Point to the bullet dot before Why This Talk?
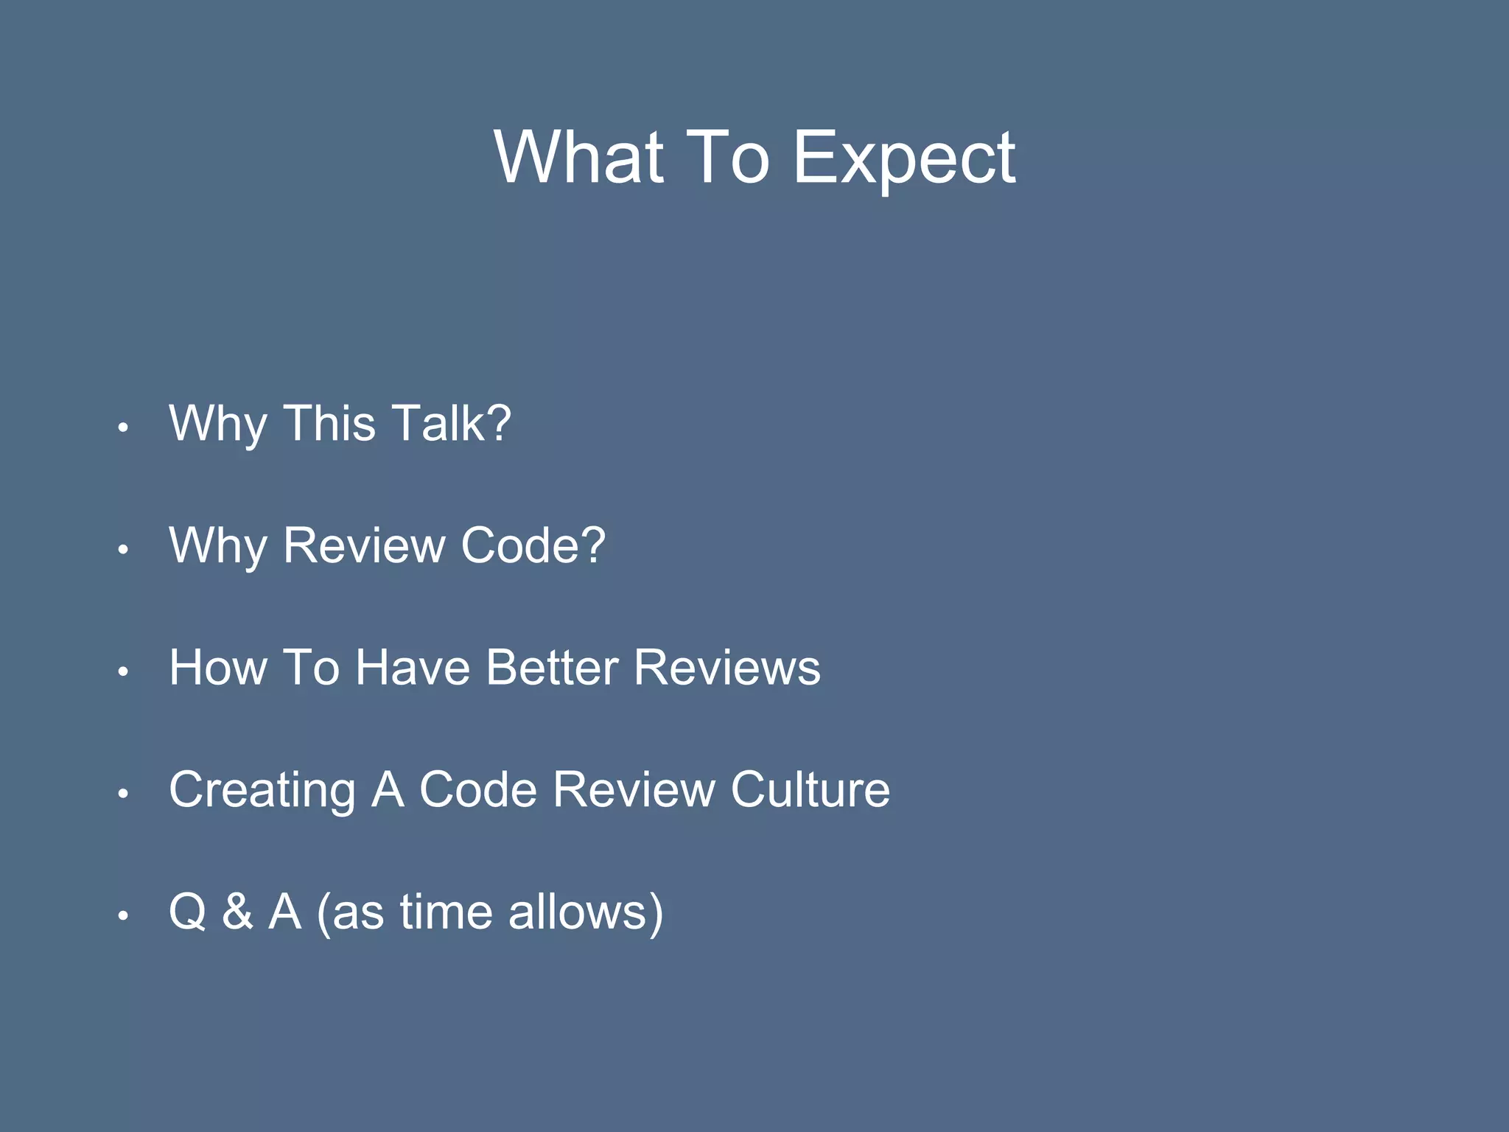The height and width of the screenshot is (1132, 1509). (124, 427)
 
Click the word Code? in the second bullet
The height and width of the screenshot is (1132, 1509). (533, 545)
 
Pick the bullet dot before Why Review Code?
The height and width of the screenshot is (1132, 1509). (124, 549)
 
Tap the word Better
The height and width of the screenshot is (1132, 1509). (552, 668)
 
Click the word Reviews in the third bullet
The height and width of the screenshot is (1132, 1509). (727, 668)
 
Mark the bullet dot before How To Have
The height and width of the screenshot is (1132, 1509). (124, 671)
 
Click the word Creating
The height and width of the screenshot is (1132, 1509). (262, 790)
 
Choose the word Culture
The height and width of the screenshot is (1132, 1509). (810, 790)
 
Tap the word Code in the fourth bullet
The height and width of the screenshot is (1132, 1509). (478, 790)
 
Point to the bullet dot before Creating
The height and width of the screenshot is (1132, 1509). (124, 794)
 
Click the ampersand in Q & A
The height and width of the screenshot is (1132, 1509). (237, 912)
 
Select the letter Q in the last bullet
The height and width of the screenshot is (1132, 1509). (187, 912)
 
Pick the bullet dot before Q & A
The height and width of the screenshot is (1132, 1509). (124, 916)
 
